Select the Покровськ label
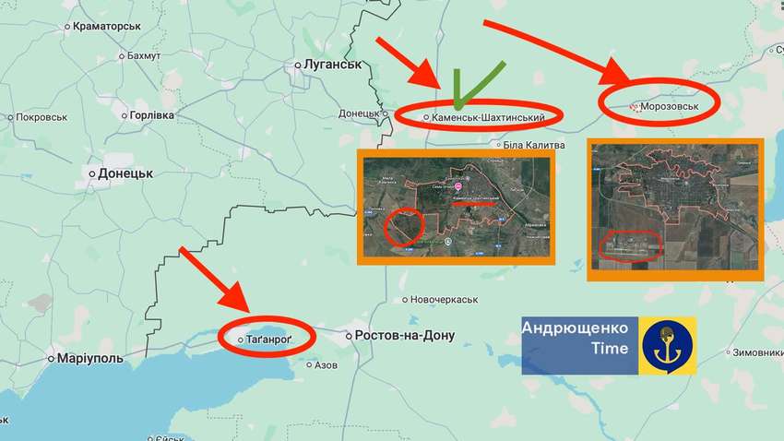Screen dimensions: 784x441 (42, 117)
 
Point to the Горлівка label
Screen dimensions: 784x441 (152, 115)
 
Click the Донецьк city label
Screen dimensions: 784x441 (125, 173)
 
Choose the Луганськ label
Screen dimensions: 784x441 (328, 65)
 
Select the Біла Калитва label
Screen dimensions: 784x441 (534, 145)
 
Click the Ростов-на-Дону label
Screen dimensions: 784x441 (405, 336)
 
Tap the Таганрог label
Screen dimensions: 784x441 (268, 340)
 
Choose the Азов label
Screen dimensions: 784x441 (326, 365)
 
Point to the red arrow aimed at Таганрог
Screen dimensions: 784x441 (214, 280)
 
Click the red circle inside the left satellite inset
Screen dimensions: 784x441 (403, 227)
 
